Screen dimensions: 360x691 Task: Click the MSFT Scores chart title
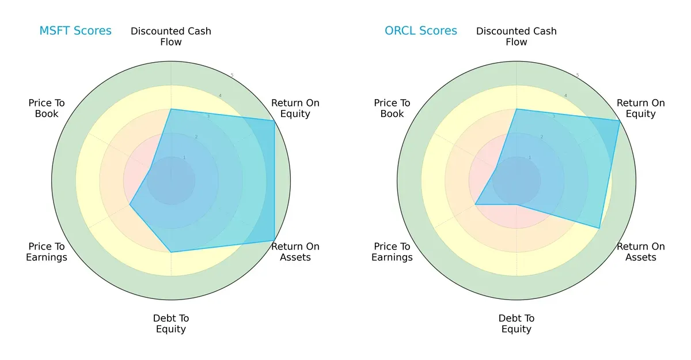75,31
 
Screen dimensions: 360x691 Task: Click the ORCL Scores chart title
421,31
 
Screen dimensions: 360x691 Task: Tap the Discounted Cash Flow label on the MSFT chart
171,36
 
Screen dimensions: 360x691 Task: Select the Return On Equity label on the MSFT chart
295,108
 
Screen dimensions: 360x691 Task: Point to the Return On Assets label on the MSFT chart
295,252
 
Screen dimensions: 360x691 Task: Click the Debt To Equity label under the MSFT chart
171,324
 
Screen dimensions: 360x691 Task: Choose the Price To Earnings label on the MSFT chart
47,252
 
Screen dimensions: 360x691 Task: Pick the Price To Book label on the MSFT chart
47,108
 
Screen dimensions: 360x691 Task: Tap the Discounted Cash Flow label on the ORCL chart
517,36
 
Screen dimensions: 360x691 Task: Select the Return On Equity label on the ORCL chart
641,108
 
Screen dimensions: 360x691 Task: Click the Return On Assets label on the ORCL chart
641,252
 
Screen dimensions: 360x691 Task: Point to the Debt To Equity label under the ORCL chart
517,324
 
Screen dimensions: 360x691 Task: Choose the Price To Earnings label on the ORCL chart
392,252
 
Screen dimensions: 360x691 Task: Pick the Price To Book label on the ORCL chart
392,108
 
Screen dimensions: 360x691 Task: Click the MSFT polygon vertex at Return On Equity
274,121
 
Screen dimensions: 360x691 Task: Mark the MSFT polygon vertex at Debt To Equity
171,252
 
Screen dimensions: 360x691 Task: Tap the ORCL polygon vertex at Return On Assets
599,228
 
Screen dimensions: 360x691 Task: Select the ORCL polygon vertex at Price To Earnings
475,204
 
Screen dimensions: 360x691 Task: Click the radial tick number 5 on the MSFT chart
232,75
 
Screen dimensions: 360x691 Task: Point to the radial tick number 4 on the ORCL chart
565,96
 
